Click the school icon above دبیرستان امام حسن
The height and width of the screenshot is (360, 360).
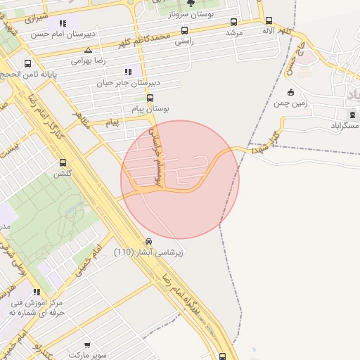pyautogui.click(x=64, y=22)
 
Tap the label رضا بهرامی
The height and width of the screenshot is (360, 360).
pyautogui.click(x=88, y=61)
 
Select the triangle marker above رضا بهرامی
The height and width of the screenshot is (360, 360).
pyautogui.click(x=88, y=50)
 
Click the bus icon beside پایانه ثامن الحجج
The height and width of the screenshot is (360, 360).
pyautogui.click(x=28, y=63)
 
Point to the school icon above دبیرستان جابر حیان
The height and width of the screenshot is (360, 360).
pyautogui.click(x=127, y=72)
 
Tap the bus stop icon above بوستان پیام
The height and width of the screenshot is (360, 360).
pyautogui.click(x=157, y=98)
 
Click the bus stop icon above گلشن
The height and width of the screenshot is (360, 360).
pyautogui.click(x=63, y=162)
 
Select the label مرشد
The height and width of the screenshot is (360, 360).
pyautogui.click(x=233, y=33)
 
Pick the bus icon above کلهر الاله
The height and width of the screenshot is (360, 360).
pyautogui.click(x=269, y=21)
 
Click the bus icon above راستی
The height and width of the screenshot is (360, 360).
pyautogui.click(x=184, y=30)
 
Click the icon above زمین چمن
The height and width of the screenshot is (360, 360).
pyautogui.click(x=290, y=92)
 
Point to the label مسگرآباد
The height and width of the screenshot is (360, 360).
pyautogui.click(x=345, y=125)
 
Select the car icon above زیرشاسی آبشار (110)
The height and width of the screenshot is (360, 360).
pyautogui.click(x=159, y=241)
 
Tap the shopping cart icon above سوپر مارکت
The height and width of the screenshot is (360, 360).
pyautogui.click(x=87, y=345)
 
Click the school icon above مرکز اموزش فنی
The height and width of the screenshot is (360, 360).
pyautogui.click(x=37, y=292)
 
